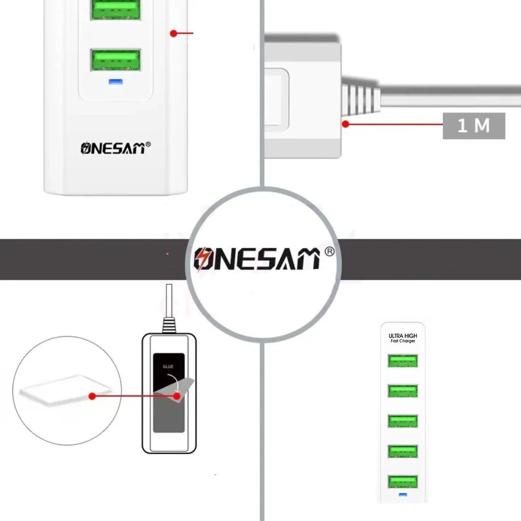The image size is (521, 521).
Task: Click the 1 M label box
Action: tap(474, 126)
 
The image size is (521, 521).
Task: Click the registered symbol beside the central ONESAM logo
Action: tap(329, 251)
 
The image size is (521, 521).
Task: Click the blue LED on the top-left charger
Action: tap(115, 81)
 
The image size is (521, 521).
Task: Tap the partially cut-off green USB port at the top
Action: tap(115, 9)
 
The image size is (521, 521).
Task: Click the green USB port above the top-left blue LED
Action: tap(115, 61)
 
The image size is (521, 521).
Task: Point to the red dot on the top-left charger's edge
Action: tap(173, 34)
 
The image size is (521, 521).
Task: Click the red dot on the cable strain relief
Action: tap(345, 124)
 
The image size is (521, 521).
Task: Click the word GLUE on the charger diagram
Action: tap(168, 366)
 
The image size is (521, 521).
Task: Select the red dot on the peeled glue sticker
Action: tap(177, 395)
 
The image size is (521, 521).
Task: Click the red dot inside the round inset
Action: tap(92, 395)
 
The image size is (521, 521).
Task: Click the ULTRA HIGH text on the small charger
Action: tap(402, 336)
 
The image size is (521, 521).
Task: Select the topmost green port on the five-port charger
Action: tap(402, 361)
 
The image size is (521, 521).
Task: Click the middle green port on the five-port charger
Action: tap(402, 421)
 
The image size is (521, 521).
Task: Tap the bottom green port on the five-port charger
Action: tap(402, 482)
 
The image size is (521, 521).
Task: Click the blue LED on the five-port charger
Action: tap(403, 495)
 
